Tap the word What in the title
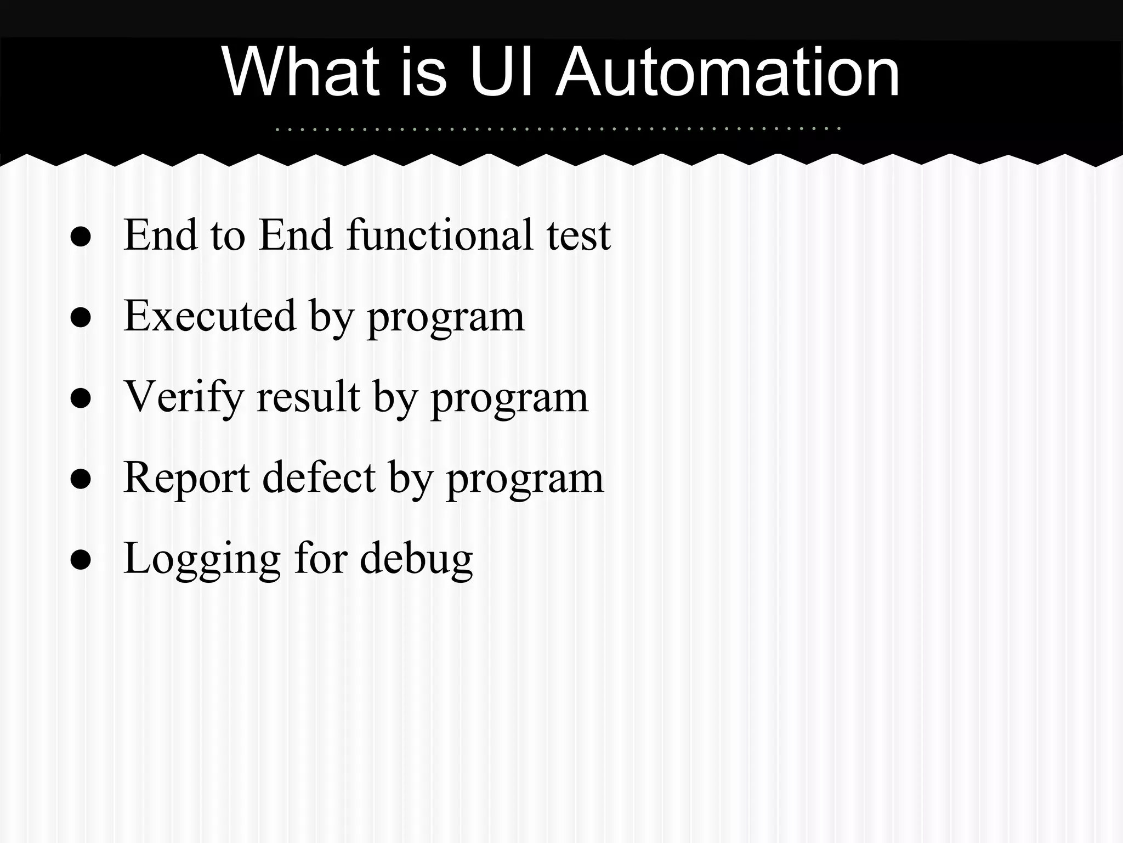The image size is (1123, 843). (x=300, y=72)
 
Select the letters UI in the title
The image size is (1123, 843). (x=501, y=72)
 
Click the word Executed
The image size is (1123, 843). (x=209, y=316)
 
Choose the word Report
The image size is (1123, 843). (x=186, y=478)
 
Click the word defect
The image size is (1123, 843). (x=319, y=478)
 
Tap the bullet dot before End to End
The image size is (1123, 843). (x=81, y=237)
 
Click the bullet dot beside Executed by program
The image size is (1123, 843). (x=81, y=318)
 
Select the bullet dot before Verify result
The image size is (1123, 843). (x=81, y=399)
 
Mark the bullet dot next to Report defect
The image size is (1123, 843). (x=81, y=480)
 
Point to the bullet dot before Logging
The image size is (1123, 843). (x=81, y=561)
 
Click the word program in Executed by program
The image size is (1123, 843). (x=446, y=318)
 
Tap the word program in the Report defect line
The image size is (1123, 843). (x=525, y=480)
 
